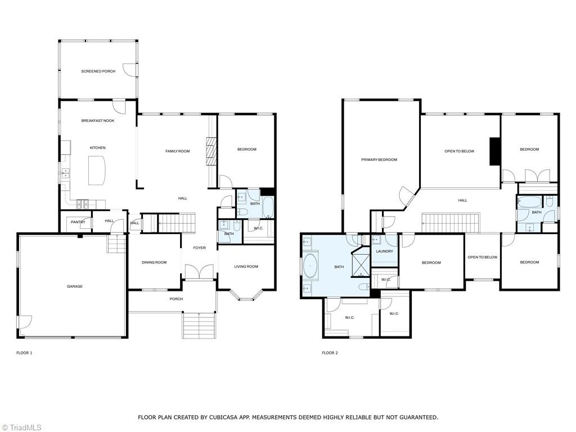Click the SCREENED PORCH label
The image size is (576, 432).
[98, 71]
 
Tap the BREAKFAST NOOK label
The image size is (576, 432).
[97, 121]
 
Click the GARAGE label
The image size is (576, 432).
[75, 286]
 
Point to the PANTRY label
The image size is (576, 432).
[78, 222]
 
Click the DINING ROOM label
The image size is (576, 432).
[154, 262]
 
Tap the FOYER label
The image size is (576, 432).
[200, 247]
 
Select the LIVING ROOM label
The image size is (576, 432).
[246, 267]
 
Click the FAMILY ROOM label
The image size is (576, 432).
[177, 151]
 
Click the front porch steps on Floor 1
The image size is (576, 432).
[199, 325]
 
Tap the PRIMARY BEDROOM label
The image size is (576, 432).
[379, 160]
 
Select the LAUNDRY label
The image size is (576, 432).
[384, 251]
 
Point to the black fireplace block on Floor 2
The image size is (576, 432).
[494, 151]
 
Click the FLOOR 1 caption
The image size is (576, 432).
[24, 353]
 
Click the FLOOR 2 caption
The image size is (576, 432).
[330, 353]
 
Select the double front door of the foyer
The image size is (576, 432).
[199, 272]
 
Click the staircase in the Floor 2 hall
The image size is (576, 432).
[450, 223]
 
